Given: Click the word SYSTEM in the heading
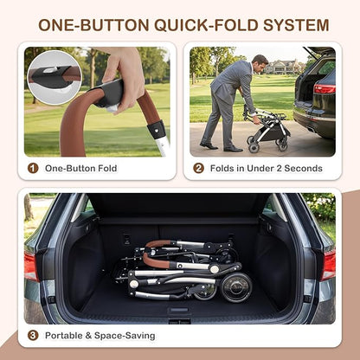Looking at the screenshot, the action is tap(296, 25).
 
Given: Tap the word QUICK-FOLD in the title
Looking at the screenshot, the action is tap(206, 25).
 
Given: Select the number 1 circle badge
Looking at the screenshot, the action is tap(33, 168).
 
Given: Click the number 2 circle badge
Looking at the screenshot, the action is tap(198, 168).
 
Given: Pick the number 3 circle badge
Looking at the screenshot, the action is tap(33, 336).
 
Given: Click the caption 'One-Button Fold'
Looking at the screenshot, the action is tap(80, 168).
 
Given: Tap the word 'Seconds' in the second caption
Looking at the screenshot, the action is tap(303, 168).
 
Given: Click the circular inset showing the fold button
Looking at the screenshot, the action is tap(55, 78).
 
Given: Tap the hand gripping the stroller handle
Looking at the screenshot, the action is tap(124, 78).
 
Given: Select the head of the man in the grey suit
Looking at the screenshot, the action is tap(260, 63).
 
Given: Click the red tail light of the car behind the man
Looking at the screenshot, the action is tap(325, 89).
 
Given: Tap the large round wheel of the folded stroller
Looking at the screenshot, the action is tap(236, 286).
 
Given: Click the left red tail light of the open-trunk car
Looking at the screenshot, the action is tap(31, 266).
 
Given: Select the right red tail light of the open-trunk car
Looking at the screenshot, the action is tap(328, 266).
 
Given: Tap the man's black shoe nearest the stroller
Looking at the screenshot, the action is tap(233, 149).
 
